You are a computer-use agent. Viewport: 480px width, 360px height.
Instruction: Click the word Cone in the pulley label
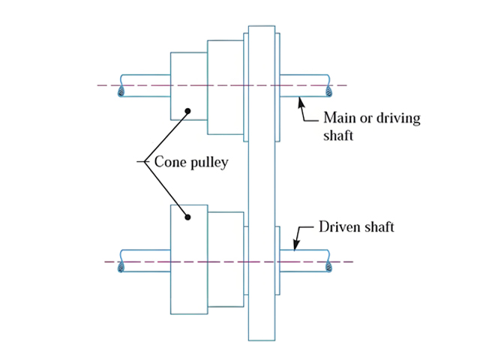pos(169,161)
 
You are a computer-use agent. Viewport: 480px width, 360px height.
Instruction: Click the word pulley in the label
pos(205,161)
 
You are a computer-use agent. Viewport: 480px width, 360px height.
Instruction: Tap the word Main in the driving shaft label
pos(338,118)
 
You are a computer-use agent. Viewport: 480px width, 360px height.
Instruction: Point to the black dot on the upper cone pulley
pos(188,111)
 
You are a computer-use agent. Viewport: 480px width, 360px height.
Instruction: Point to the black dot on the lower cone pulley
pos(188,217)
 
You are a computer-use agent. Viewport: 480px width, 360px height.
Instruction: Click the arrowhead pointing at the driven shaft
pos(294,245)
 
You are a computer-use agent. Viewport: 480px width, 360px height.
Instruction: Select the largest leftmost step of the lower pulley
pos(189,259)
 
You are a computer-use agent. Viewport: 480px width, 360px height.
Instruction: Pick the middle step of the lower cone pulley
pos(226,259)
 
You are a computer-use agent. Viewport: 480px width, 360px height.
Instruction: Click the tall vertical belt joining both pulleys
pos(261,180)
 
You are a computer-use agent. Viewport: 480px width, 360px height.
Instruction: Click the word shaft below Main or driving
pos(339,136)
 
